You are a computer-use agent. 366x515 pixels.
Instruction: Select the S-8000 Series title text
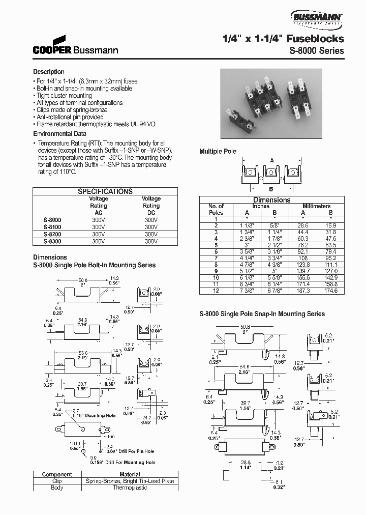pos(317,51)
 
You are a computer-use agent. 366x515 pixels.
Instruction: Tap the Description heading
pos(49,72)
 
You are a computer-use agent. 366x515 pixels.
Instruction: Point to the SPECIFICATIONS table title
pos(105,191)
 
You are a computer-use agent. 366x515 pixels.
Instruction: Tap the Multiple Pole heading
pos(217,152)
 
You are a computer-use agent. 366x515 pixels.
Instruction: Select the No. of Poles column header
pos(216,209)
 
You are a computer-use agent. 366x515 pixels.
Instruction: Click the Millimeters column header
pos(316,206)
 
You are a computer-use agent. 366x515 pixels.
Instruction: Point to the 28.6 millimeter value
pos(302,225)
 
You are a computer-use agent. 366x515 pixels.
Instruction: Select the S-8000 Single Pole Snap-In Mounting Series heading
pos(262,314)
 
